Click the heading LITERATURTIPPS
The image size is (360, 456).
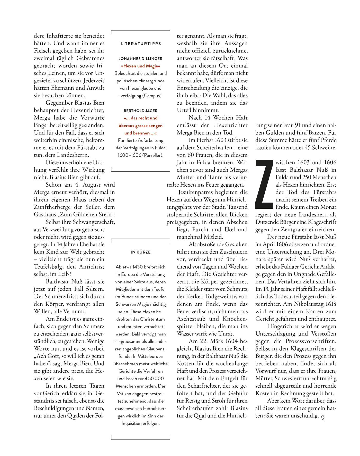(141, 44)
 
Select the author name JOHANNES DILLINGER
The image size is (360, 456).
(141, 59)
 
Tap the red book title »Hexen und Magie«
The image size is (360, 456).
(141, 66)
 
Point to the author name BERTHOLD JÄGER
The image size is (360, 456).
(141, 111)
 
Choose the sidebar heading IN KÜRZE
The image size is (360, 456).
(141, 252)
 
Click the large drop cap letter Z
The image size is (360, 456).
(264, 184)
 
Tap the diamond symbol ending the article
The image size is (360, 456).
(323, 417)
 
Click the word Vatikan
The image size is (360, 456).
(126, 394)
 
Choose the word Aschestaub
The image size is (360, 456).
(191, 319)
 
